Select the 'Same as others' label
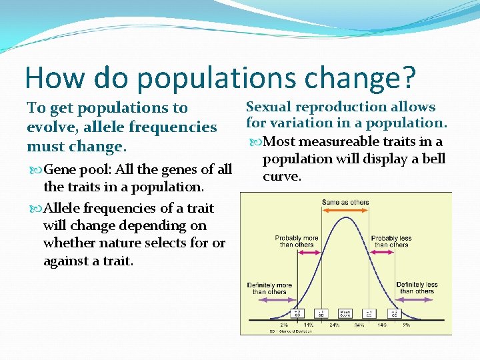(x=345, y=203)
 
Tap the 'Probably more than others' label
(x=296, y=241)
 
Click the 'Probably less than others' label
(x=391, y=241)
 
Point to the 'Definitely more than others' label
(x=269, y=288)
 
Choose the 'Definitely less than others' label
(x=417, y=288)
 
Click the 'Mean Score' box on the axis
(x=345, y=313)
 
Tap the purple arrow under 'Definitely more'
(x=269, y=300)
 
